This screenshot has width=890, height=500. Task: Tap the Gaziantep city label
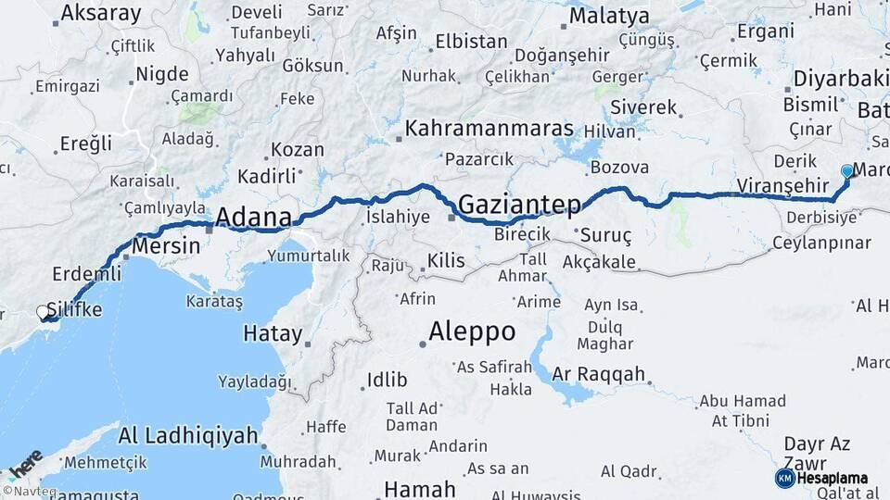(x=519, y=204)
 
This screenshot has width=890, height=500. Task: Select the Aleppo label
(x=472, y=331)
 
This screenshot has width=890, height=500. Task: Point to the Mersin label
(x=166, y=246)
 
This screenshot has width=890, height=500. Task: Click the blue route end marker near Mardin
(x=846, y=171)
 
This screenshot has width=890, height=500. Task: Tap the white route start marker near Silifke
(x=44, y=313)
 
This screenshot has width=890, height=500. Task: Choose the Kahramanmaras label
(x=489, y=129)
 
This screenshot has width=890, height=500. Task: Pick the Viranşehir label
(x=782, y=186)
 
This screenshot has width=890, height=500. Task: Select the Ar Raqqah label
(x=598, y=374)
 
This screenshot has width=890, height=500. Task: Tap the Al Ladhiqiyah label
(x=188, y=435)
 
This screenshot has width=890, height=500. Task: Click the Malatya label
(x=609, y=16)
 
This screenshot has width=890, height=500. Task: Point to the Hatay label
(x=273, y=333)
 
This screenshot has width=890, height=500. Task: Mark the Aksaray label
(x=100, y=14)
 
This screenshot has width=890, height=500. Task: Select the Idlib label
(x=387, y=379)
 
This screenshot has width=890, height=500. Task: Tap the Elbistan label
(x=472, y=42)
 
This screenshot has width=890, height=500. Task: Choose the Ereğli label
(x=85, y=144)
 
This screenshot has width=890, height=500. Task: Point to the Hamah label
(x=419, y=489)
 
